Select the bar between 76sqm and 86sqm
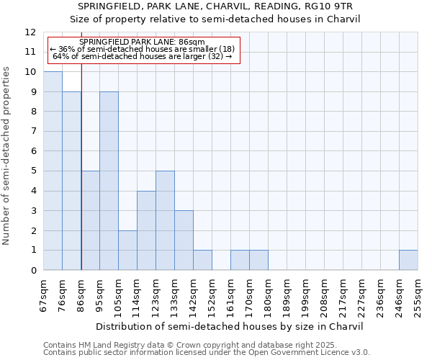71,181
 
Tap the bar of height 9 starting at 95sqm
109,181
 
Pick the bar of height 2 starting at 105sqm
127,250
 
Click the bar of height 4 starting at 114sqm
146,230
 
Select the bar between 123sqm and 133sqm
165,220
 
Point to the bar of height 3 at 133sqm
184,240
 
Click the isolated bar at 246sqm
408,260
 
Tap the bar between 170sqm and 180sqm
258,260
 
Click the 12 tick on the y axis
30,32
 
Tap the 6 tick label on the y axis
33,151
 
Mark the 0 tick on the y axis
33,270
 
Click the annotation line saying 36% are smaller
142,49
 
